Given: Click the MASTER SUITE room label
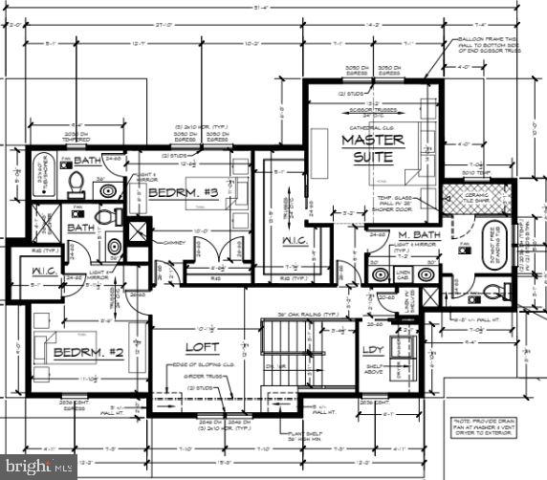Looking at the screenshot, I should [x=372, y=146].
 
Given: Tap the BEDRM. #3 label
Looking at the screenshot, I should [x=184, y=193].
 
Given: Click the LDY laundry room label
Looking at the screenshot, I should [x=373, y=349].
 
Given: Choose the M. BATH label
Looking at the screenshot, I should [x=418, y=235].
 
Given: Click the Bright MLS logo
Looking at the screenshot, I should [x=38, y=468].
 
